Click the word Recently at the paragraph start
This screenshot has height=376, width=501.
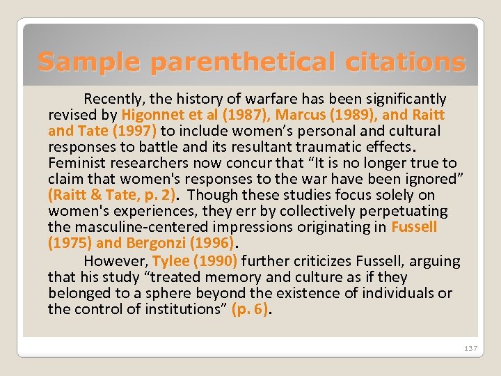112,99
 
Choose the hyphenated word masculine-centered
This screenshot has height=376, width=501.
141,227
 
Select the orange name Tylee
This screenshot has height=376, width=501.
171,261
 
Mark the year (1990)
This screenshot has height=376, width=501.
216,261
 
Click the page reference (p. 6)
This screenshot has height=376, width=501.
250,309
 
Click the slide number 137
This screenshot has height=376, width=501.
470,348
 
